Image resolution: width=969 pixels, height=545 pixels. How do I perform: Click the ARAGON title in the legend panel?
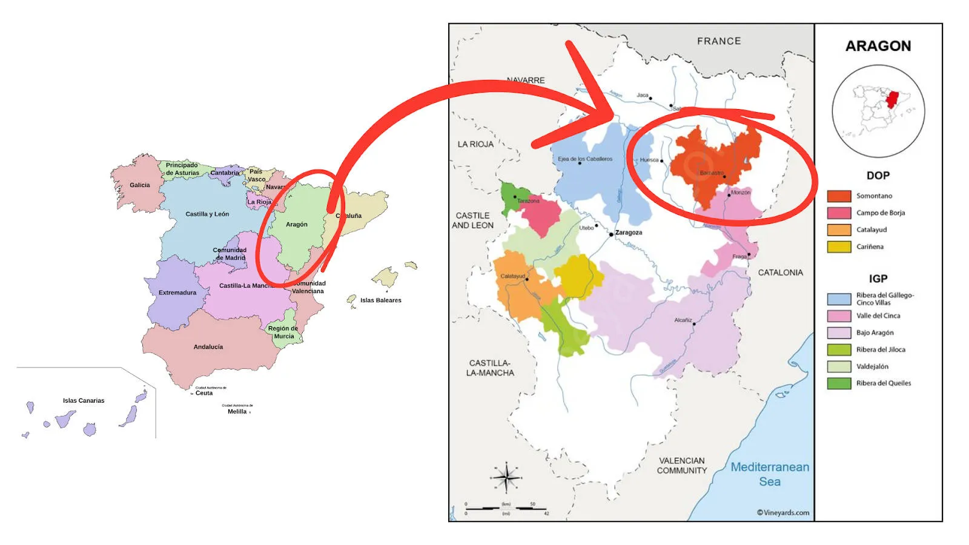[878, 46]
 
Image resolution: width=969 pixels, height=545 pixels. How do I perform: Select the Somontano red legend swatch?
[839, 196]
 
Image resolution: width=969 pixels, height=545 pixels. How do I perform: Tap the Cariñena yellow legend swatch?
[839, 247]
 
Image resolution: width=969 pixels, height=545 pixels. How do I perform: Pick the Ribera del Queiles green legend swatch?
[839, 383]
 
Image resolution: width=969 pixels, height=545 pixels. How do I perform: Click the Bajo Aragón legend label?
[875, 332]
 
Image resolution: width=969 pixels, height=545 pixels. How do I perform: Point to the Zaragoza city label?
[629, 233]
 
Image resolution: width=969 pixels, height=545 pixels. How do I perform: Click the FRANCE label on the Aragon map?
[718, 41]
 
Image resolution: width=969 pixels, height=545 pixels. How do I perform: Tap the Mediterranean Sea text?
[769, 474]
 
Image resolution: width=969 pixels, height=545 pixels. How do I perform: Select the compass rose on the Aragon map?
[506, 478]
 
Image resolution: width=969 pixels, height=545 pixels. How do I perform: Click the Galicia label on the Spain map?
[139, 185]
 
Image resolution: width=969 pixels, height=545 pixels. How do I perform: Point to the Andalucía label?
[208, 347]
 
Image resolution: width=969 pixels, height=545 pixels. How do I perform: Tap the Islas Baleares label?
[380, 300]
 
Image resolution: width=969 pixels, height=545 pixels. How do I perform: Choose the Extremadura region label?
[177, 292]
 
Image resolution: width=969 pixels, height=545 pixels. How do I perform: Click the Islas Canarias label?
[84, 400]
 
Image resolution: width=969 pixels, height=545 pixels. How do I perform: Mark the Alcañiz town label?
[683, 320]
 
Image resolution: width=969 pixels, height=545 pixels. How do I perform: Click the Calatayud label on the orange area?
[512, 276]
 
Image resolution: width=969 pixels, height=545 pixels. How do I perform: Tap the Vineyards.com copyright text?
[782, 513]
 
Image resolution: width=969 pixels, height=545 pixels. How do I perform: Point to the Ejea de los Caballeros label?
[585, 159]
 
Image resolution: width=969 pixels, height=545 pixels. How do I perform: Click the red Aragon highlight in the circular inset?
[891, 99]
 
